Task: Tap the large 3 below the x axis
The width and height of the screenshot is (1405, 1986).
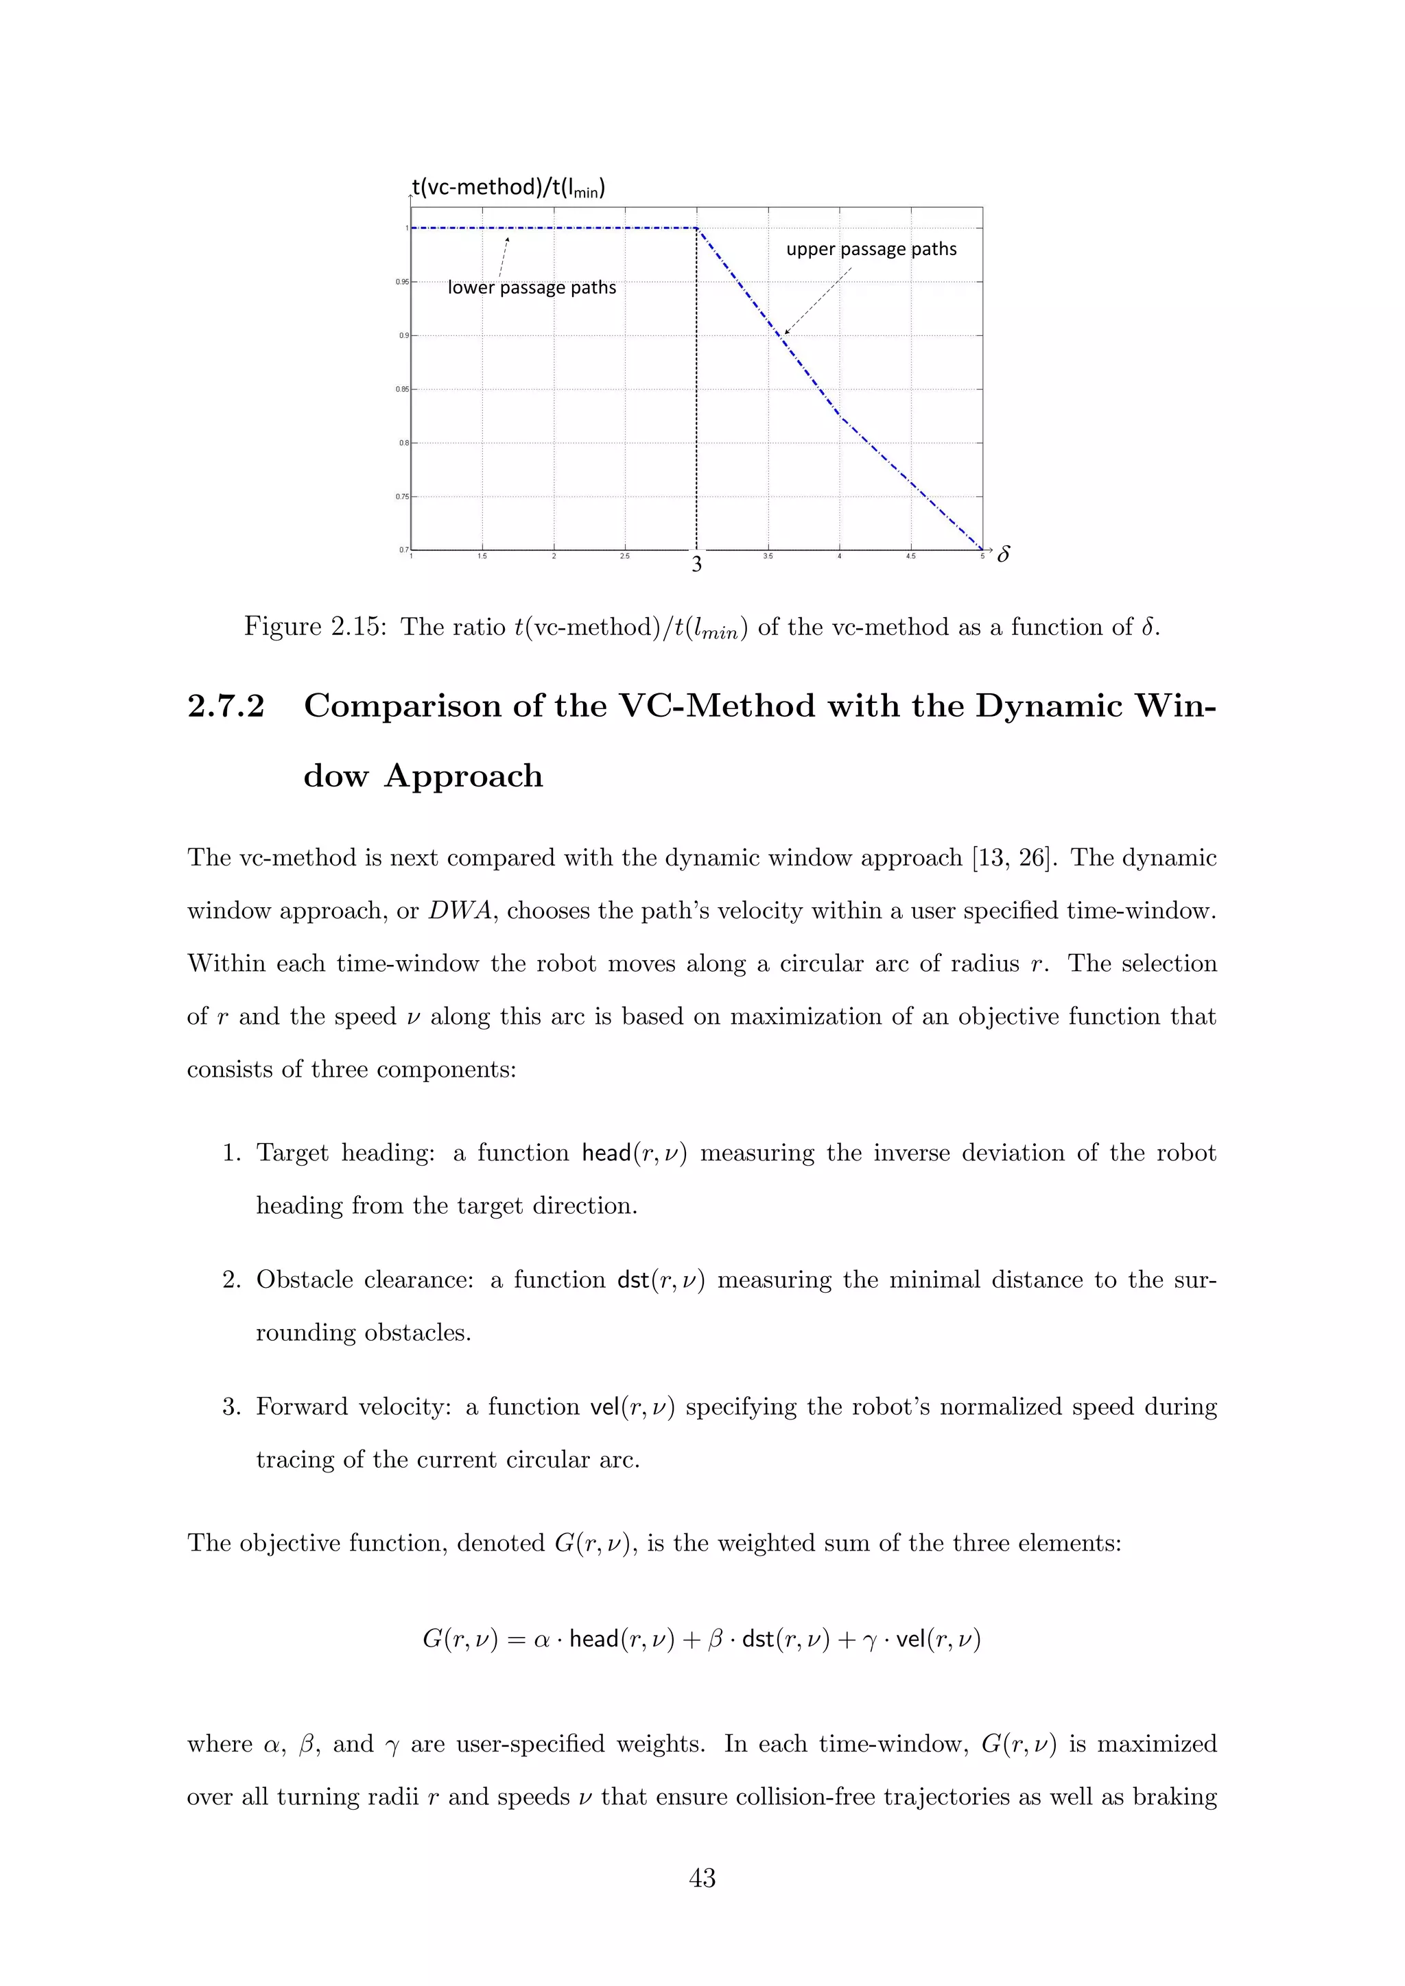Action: pyautogui.click(x=696, y=566)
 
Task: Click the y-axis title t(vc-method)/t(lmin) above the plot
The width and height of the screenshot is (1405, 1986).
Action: pyautogui.click(x=508, y=188)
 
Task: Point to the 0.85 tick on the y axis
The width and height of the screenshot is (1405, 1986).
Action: pyautogui.click(x=402, y=390)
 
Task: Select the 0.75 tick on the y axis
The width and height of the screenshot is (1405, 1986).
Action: pyautogui.click(x=402, y=496)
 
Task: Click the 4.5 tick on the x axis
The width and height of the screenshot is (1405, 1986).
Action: pyautogui.click(x=910, y=557)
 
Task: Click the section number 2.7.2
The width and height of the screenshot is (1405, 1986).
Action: pyautogui.click(x=226, y=707)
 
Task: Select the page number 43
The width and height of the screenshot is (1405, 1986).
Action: pyautogui.click(x=702, y=1878)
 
